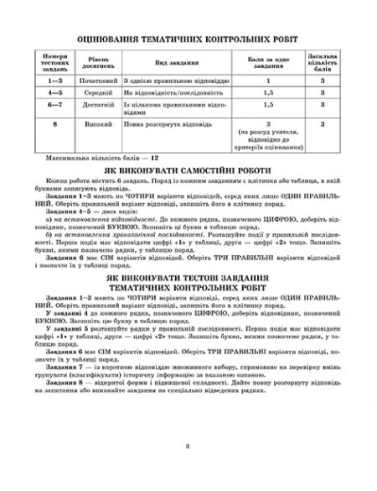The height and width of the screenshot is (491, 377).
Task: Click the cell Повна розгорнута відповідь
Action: coord(166,124)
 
